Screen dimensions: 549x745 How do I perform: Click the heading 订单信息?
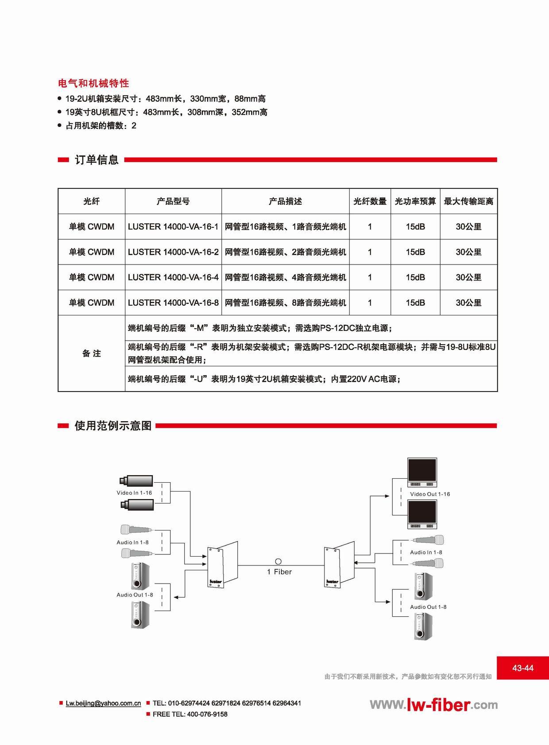tap(97, 160)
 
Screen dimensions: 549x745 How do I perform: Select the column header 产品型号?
tap(173, 201)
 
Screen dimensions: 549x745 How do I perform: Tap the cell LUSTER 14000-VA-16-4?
tap(173, 277)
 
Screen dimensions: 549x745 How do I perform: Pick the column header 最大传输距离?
tap(468, 201)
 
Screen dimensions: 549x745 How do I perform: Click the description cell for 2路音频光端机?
tap(285, 252)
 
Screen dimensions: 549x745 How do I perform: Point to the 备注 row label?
tap(92, 353)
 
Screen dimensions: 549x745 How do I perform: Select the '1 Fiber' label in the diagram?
tap(279, 572)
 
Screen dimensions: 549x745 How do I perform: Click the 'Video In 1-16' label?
tap(134, 493)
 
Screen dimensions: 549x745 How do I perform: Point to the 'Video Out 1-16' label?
tap(430, 494)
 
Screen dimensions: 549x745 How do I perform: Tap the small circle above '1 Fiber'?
tap(278, 561)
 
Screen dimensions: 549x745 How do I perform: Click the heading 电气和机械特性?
tap(93, 83)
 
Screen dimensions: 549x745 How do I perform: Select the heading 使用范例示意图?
tap(113, 426)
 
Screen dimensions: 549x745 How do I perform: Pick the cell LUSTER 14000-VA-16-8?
tap(173, 303)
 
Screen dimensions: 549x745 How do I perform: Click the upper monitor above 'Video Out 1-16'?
tap(422, 472)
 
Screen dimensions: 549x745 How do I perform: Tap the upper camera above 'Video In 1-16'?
tap(136, 480)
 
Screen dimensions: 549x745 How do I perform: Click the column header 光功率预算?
tap(415, 201)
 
